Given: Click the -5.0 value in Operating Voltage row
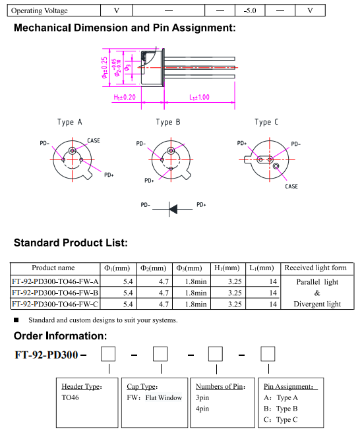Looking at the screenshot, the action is pos(250,11).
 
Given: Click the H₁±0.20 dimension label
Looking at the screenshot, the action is pos(125,98).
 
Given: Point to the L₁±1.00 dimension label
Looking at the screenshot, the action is pos(199,98).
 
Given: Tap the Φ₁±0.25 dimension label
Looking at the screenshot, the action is pos(105,68).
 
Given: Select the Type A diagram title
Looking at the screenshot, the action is pos(70,122).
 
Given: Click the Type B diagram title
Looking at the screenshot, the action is pos(168,122).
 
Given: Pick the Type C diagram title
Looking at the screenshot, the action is pos(266,122).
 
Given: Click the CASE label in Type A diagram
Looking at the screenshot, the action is pos(94,141).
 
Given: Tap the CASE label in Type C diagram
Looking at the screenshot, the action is pos(291,187).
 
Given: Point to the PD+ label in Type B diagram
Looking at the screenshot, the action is pos(149,181).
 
